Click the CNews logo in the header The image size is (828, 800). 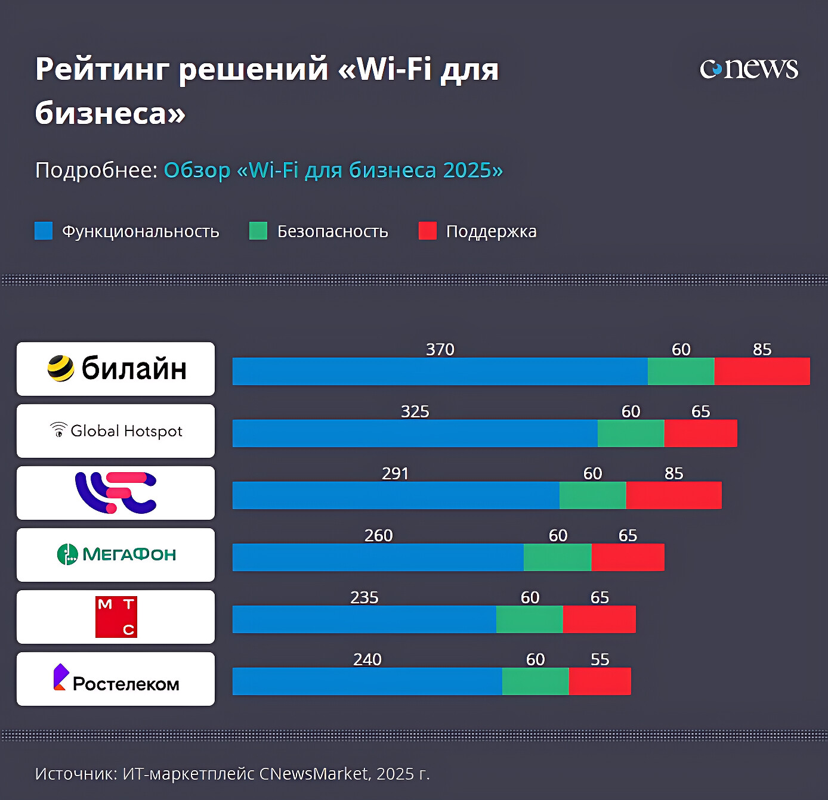coord(749,69)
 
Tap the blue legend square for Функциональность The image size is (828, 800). coord(44,231)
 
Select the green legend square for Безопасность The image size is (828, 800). coord(258,231)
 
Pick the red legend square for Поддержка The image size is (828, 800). coord(428,231)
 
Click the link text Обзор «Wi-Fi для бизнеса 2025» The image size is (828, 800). coord(333,170)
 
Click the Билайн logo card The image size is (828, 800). coord(116,369)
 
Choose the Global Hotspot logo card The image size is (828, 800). coord(116,431)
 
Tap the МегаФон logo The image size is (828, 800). coord(116,554)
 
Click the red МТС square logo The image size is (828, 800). coord(116,617)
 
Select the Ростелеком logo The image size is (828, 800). coord(116,680)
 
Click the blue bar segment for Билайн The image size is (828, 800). coord(440,371)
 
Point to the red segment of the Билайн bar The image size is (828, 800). coord(762,371)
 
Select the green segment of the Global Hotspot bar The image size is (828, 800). coord(631,433)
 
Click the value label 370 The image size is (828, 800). coord(440,349)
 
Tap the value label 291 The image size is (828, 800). coord(395,473)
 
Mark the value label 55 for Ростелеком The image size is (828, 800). coord(600,659)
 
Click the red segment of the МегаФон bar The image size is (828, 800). coord(628,557)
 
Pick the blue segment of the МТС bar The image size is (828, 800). coord(364,619)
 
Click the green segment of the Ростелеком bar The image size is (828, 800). coord(535,681)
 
